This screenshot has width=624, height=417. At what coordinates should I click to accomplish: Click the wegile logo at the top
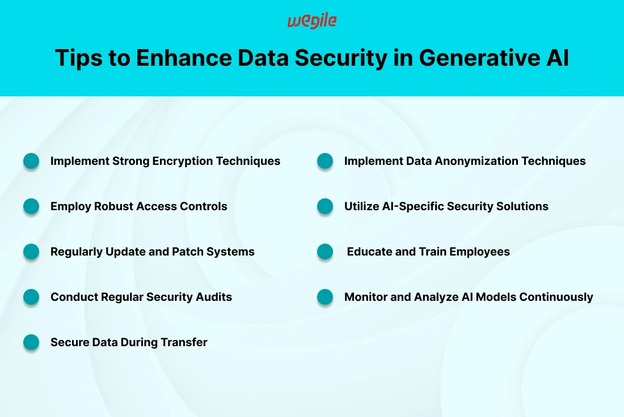coord(312,21)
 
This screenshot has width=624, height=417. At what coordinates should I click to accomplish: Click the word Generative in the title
coord(479,58)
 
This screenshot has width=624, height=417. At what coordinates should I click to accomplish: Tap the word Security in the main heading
coord(341,58)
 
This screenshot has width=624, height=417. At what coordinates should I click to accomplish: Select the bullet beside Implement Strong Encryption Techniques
coord(31,161)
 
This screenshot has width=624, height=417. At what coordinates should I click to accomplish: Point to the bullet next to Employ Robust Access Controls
coord(31,206)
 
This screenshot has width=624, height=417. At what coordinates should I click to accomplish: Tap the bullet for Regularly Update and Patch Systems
coord(31,252)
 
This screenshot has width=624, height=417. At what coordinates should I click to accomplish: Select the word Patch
coord(185,252)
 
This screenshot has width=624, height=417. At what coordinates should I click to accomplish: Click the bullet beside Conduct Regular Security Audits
coord(31,297)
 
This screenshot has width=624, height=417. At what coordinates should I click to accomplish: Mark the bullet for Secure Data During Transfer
coord(31,342)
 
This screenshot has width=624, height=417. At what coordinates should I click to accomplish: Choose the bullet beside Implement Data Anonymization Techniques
coord(325,161)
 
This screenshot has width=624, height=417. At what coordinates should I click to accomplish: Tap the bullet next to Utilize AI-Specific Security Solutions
coord(325,206)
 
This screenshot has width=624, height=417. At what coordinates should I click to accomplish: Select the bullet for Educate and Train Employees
coord(325,252)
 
